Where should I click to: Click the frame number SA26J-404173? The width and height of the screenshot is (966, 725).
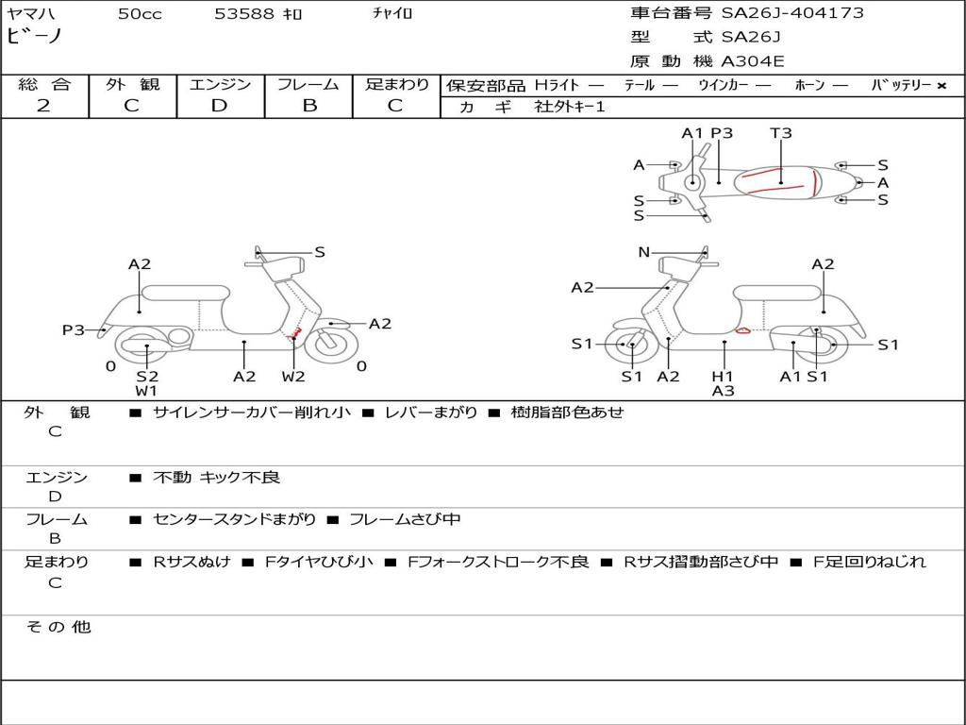pos(792,13)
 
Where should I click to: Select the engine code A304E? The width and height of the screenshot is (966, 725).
pos(753,62)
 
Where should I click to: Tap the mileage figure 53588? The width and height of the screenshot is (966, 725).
pos(244,14)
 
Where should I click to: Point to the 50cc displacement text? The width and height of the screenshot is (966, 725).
pos(140,14)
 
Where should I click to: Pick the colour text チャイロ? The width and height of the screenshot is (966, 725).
pos(392,14)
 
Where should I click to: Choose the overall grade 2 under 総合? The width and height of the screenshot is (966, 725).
pos(43,106)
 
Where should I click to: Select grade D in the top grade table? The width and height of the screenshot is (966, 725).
pos(220,106)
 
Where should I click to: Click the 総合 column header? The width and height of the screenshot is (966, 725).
pos(43,85)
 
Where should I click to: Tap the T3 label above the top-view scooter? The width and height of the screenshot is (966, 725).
pos(781,133)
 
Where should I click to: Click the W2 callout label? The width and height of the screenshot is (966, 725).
pos(293,377)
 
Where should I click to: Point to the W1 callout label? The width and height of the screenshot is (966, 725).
pos(146,390)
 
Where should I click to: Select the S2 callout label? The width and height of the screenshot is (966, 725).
pos(147,377)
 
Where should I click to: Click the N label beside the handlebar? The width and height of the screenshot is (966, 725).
pos(644,252)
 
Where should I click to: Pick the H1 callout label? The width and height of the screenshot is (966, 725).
pos(724,377)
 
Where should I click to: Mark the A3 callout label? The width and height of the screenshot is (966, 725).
pos(724,390)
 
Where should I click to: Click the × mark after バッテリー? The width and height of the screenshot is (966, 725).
pos(941,86)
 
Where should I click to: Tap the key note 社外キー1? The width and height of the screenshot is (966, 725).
pos(570,107)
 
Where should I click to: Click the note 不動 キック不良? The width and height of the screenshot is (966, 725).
pos(217,478)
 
